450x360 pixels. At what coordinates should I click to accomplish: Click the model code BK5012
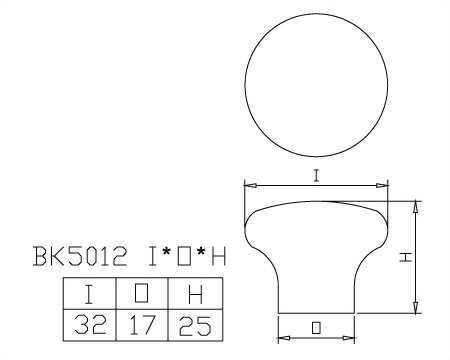pyautogui.click(x=80, y=256)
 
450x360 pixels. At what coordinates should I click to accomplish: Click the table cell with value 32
pyautogui.click(x=90, y=325)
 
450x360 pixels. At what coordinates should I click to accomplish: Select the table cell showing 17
pyautogui.click(x=142, y=325)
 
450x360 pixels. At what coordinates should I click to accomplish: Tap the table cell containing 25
pyautogui.click(x=195, y=325)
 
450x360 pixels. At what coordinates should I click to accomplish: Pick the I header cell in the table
pyautogui.click(x=90, y=294)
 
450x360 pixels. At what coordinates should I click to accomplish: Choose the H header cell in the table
pyautogui.click(x=195, y=294)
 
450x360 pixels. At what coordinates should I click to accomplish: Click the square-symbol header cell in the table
pyautogui.click(x=142, y=294)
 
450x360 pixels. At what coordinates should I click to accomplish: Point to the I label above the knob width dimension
pyautogui.click(x=316, y=176)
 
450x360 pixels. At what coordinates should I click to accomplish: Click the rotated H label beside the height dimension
pyautogui.click(x=406, y=257)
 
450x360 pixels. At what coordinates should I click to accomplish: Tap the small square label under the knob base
pyautogui.click(x=316, y=328)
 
